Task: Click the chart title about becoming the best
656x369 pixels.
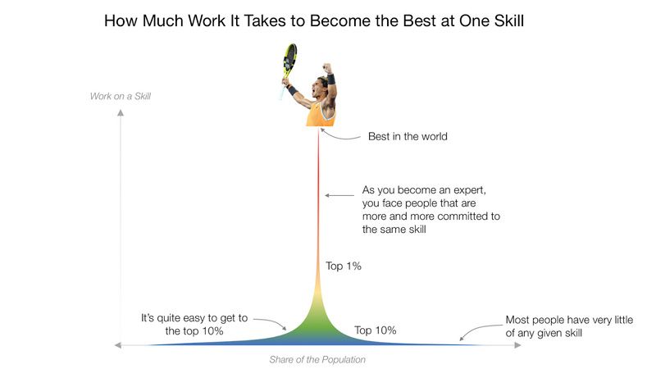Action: (314, 21)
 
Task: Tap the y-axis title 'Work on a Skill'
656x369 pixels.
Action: (121, 96)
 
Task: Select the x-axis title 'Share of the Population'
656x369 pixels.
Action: (317, 359)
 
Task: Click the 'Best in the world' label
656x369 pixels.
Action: (408, 136)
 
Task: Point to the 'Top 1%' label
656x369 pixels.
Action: (344, 266)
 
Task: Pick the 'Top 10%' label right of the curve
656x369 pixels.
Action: (376, 330)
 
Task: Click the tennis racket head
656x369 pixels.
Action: (289, 57)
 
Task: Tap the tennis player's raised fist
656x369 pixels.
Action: (326, 68)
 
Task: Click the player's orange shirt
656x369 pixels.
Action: (320, 115)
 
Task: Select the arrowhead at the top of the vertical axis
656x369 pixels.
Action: (121, 112)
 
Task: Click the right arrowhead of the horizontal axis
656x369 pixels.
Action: (518, 345)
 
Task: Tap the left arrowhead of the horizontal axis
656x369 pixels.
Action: (118, 345)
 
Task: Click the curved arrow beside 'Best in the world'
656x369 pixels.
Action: (339, 135)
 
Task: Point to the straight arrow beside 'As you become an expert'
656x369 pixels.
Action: (339, 195)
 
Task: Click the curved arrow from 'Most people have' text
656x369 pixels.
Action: (480, 331)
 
